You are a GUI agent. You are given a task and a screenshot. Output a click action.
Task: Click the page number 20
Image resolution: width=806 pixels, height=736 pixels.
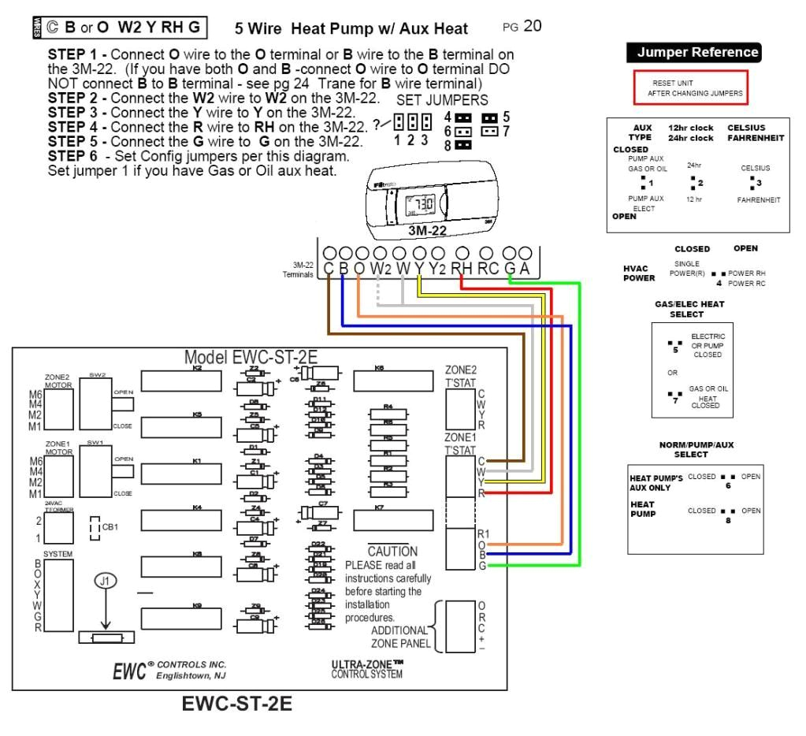(x=533, y=27)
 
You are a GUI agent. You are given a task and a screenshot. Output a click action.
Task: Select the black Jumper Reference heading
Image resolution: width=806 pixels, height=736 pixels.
(x=693, y=53)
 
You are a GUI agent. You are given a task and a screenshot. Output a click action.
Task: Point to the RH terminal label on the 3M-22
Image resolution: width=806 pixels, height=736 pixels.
(x=462, y=269)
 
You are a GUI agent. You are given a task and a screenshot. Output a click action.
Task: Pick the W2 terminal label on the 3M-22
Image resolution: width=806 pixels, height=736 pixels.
(x=381, y=269)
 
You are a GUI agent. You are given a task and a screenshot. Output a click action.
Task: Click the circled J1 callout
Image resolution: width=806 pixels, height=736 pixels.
(x=105, y=582)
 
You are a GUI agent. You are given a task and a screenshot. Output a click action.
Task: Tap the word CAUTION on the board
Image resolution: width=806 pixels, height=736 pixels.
(x=392, y=552)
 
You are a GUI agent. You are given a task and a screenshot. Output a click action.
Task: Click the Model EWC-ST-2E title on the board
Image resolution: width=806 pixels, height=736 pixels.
(x=251, y=357)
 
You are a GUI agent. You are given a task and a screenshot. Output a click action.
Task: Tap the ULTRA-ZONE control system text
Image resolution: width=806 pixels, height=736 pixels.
(x=368, y=669)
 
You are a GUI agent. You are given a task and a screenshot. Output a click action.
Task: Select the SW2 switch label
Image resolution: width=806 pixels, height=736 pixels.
(x=95, y=375)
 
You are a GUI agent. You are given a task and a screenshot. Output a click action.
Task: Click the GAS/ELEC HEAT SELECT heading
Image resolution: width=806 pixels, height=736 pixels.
(x=689, y=308)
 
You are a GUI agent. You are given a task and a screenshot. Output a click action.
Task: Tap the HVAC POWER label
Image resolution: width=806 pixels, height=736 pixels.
(x=638, y=273)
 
